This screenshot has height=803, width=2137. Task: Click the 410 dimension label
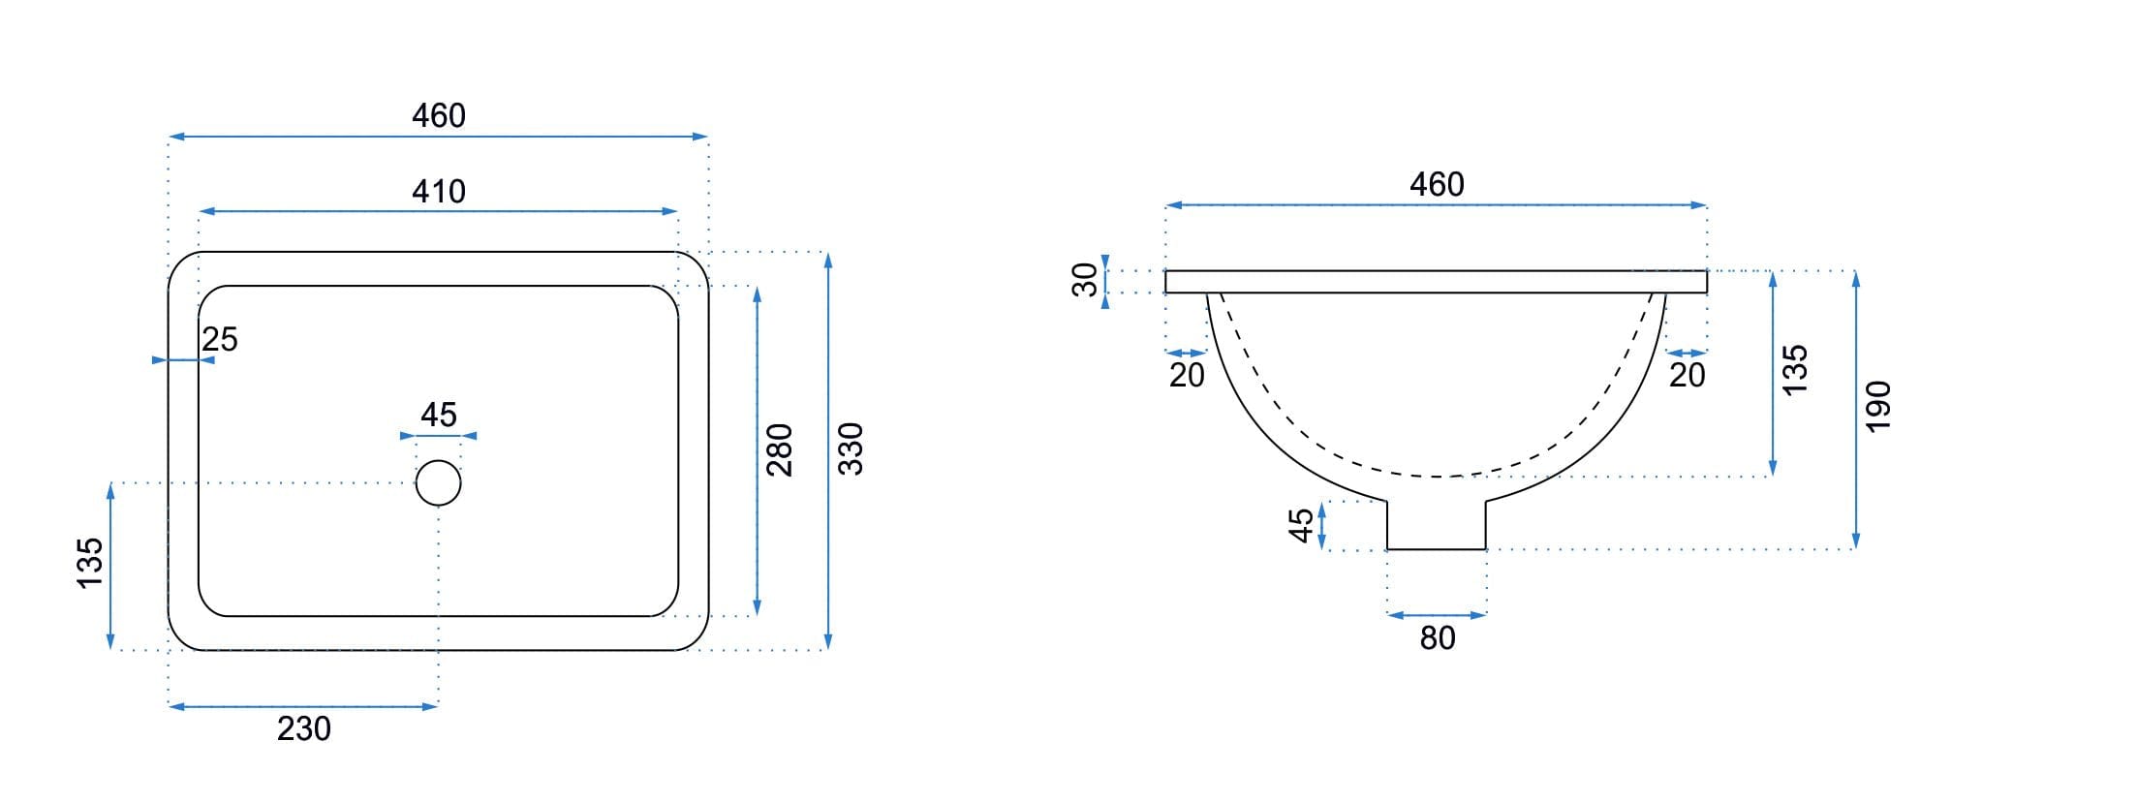(439, 192)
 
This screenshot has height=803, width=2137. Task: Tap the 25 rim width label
(220, 339)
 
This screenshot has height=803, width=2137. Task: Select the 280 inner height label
(780, 449)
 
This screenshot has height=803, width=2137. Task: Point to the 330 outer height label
(850, 448)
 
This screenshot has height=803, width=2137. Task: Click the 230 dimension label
(304, 728)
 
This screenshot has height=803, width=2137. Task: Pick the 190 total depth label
(1877, 407)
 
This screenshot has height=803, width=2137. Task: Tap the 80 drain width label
(1438, 638)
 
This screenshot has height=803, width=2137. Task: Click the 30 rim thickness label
(1086, 280)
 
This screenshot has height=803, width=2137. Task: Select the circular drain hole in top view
(438, 483)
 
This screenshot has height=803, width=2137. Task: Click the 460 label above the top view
(439, 116)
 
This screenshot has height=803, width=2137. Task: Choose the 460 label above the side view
(1437, 184)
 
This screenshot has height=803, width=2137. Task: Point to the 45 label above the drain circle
(439, 415)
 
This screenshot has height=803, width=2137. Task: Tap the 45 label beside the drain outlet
(1302, 525)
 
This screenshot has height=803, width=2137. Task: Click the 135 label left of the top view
(89, 563)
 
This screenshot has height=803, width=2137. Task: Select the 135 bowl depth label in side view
(1795, 369)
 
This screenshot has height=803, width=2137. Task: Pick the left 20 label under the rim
(1187, 375)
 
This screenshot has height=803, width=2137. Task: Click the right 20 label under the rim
(1687, 375)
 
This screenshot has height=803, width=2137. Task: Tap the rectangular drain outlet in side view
(1437, 525)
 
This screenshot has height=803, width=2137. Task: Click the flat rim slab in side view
(1436, 282)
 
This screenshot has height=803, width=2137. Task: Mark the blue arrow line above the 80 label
(1437, 615)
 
